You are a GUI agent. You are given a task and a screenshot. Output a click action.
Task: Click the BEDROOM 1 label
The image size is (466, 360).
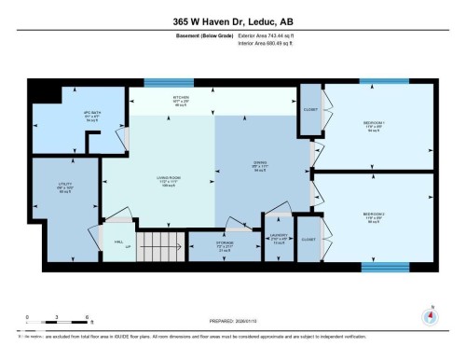(375, 127)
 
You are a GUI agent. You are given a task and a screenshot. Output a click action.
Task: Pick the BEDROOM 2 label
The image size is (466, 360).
(375, 217)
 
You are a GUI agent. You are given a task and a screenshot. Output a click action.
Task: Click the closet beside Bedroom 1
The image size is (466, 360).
(309, 108)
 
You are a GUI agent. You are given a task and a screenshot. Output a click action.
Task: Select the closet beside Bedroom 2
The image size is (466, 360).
(308, 239)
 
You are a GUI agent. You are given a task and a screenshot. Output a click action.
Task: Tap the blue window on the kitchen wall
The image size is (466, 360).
(169, 83)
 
